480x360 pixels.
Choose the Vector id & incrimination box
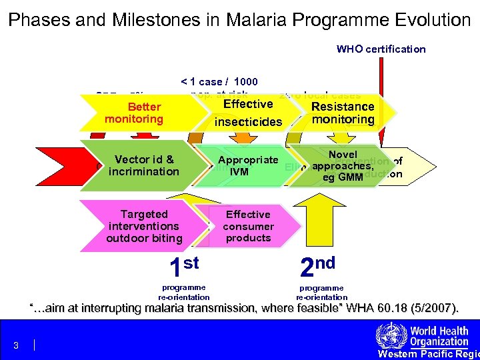[143, 165]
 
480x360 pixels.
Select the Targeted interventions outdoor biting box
[143, 227]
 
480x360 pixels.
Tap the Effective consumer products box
[248, 227]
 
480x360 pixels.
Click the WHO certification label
[381, 49]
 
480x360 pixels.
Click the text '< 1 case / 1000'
[219, 82]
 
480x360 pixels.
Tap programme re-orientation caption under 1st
[184, 292]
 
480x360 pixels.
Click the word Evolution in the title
[431, 20]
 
